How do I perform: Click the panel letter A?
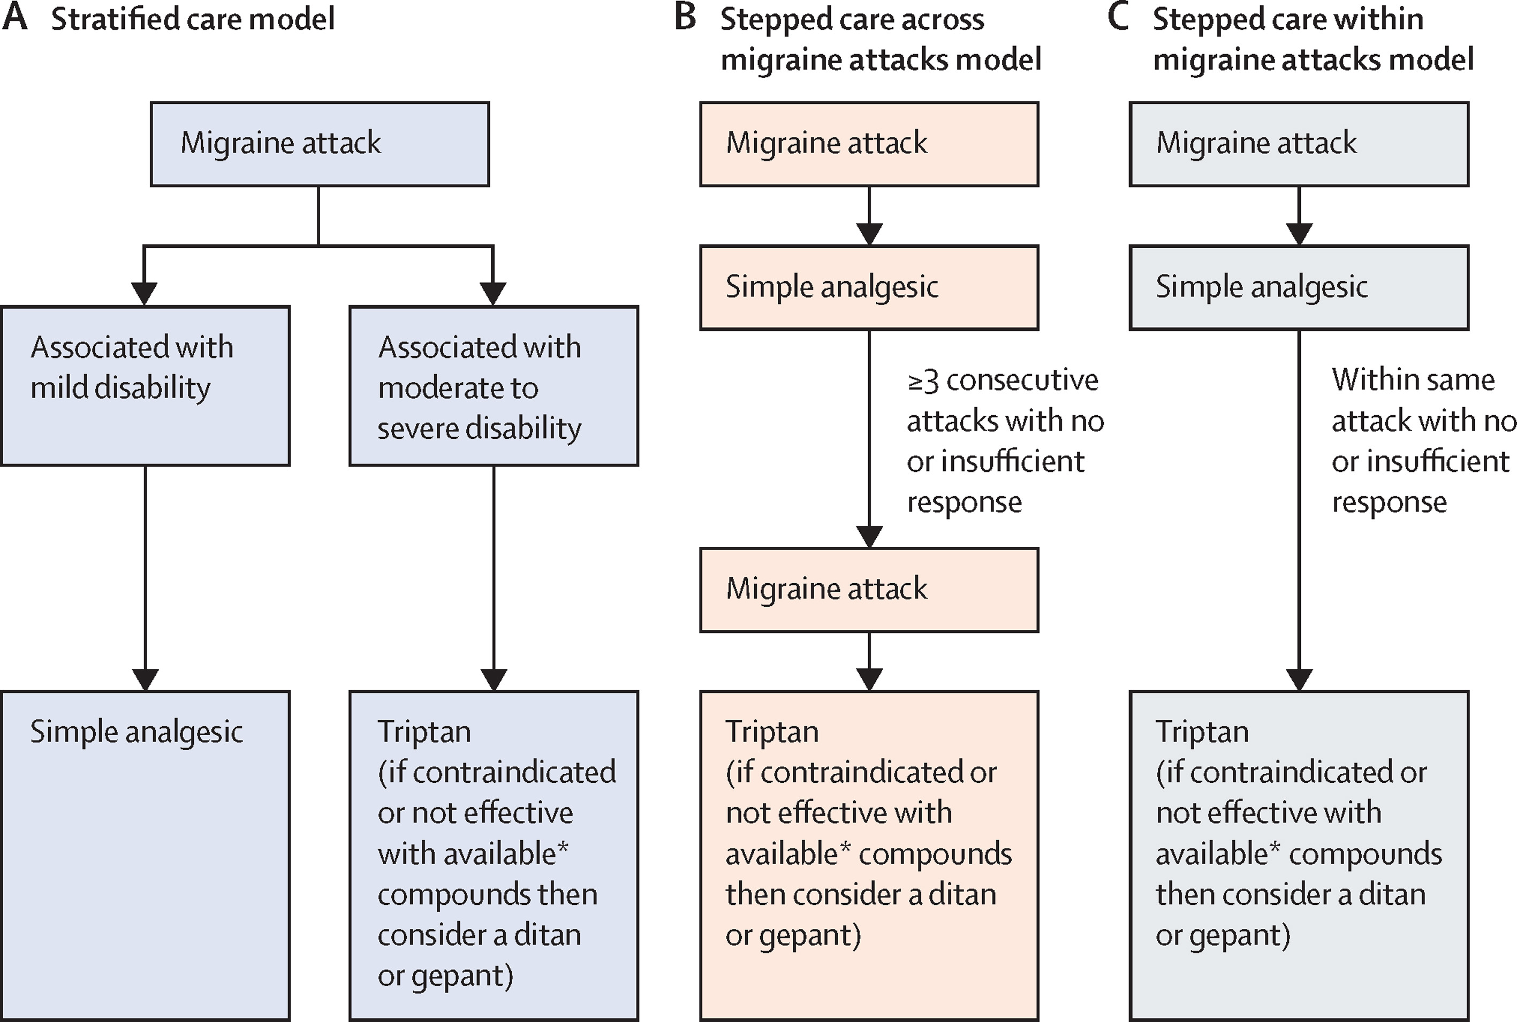coord(14,17)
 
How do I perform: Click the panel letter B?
coord(685,17)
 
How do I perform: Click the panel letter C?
coord(1118,17)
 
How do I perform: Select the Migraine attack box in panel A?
coord(320,144)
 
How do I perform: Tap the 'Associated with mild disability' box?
coord(146,386)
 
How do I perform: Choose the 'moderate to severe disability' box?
coord(494,386)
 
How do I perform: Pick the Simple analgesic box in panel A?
coord(146,856)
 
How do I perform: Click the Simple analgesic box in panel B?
coord(869,287)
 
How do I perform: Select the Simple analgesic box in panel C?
coord(1299,287)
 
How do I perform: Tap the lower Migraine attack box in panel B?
coord(869,590)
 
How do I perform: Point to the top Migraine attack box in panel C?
coord(1299,144)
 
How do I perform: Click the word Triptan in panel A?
coord(424,732)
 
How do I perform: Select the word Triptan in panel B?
coord(772,732)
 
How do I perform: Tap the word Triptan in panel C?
coord(1202,732)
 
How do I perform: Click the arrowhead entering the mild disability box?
coord(144,293)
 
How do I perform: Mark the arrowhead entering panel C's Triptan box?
coord(1299,680)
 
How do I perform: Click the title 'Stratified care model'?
coord(193,19)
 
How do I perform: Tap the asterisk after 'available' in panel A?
coord(563,848)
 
